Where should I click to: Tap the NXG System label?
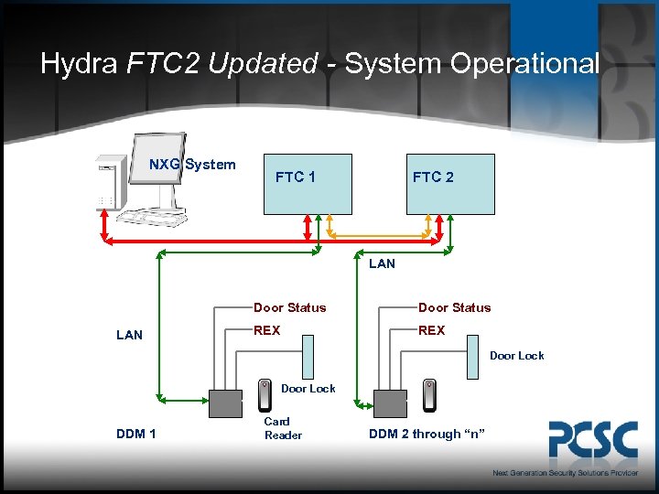192,165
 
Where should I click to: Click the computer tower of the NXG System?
108,188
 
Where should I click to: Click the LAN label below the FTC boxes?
382,263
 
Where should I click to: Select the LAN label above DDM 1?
130,335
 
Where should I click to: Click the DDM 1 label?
135,434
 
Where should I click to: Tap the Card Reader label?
283,428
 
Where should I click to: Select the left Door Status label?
289,307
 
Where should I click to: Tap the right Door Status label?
454,307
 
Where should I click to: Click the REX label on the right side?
431,330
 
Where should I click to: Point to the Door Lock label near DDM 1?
308,389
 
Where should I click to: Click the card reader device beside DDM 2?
429,394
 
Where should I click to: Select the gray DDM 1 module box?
226,403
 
